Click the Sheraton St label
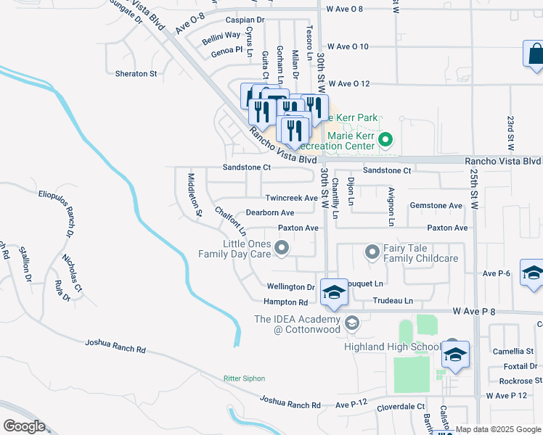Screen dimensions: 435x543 136,73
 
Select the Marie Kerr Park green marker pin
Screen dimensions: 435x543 385,140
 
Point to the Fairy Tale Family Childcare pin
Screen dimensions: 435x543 372,252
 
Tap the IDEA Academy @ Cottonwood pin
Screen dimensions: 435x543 352,322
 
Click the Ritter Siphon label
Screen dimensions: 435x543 243,378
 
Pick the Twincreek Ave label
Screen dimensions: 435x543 291,198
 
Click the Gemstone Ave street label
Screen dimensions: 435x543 436,206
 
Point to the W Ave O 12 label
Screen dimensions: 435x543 351,83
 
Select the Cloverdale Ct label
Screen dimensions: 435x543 400,408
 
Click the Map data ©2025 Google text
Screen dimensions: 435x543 498,429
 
